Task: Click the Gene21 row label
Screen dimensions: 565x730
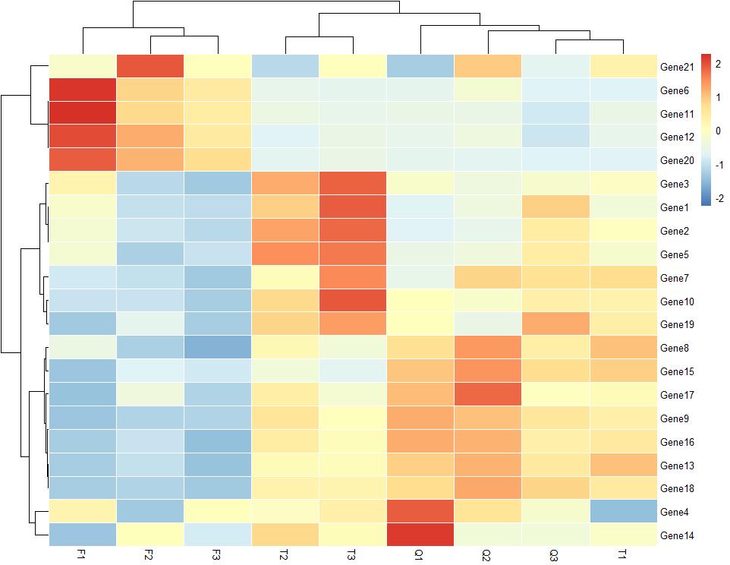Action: tap(678, 67)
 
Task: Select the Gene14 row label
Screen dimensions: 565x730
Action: tap(678, 535)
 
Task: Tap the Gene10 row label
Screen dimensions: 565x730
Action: tap(678, 301)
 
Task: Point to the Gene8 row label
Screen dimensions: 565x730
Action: tap(675, 349)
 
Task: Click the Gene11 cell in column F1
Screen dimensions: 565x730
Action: tap(83, 114)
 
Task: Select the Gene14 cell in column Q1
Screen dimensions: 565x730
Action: tap(420, 535)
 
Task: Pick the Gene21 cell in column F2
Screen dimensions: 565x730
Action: tap(150, 67)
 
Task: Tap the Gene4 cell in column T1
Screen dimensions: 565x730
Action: tap(622, 512)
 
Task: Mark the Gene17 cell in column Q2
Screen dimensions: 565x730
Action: tap(487, 395)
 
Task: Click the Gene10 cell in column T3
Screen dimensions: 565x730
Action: tap(352, 301)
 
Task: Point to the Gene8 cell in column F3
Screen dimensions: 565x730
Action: tap(218, 349)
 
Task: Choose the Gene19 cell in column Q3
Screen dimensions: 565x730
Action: tap(555, 325)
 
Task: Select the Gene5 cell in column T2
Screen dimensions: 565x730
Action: tap(285, 254)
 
